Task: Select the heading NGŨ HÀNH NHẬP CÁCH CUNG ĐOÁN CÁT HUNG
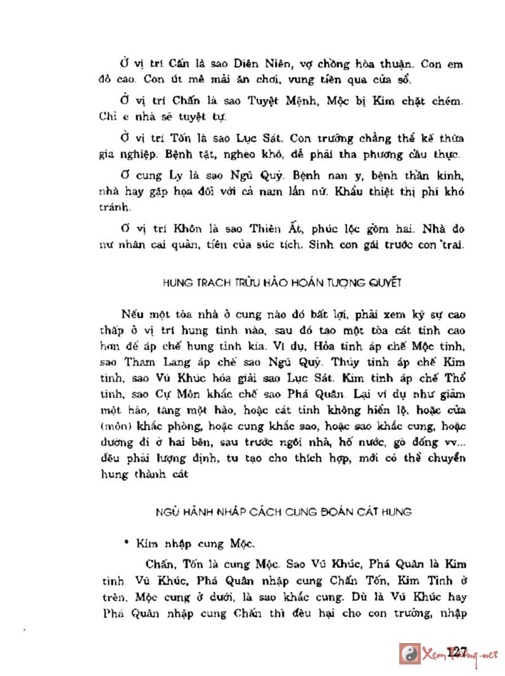coord(284,511)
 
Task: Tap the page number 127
coord(456,651)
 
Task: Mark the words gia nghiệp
coord(124,155)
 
